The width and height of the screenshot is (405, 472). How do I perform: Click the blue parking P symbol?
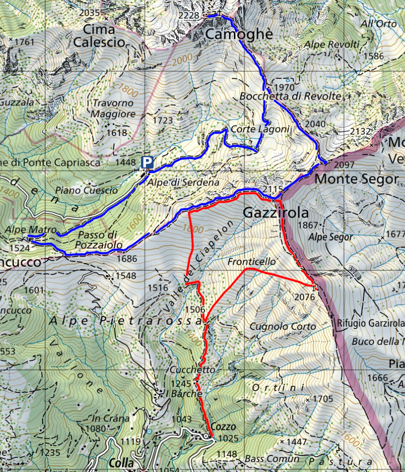click(x=147, y=162)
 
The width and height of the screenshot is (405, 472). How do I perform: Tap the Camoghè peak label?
click(x=239, y=34)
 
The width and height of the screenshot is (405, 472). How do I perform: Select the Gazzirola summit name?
click(x=276, y=213)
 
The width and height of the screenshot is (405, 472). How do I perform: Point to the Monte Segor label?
click(x=356, y=179)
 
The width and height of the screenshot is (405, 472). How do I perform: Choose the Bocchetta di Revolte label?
click(x=291, y=95)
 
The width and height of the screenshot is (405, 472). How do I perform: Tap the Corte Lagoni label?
click(x=260, y=129)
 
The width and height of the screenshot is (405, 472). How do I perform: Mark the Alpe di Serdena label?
click(x=183, y=183)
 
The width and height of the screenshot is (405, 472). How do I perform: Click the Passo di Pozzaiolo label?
click(x=98, y=239)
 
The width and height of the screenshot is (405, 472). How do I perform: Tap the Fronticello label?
click(x=251, y=262)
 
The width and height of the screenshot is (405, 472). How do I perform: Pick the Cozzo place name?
click(x=223, y=426)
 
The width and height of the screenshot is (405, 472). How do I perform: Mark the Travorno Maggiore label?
click(x=113, y=108)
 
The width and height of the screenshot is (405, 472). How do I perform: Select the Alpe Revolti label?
click(x=332, y=45)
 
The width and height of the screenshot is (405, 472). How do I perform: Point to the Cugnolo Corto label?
click(x=283, y=327)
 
